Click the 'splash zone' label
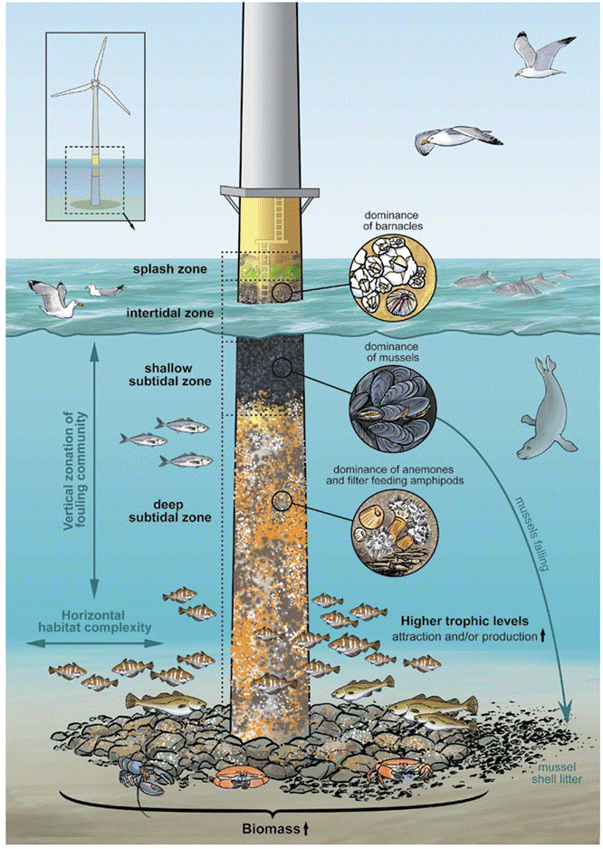(x=170, y=269)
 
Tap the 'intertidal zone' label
(x=170, y=313)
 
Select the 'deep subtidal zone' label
(x=170, y=511)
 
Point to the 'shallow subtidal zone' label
(x=170, y=375)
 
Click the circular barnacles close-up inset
(x=393, y=276)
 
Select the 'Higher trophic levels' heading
(x=464, y=621)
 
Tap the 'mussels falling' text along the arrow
(x=532, y=533)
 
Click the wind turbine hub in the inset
(x=95, y=83)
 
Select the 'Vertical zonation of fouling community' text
(x=75, y=471)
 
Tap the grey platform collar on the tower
(x=269, y=192)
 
